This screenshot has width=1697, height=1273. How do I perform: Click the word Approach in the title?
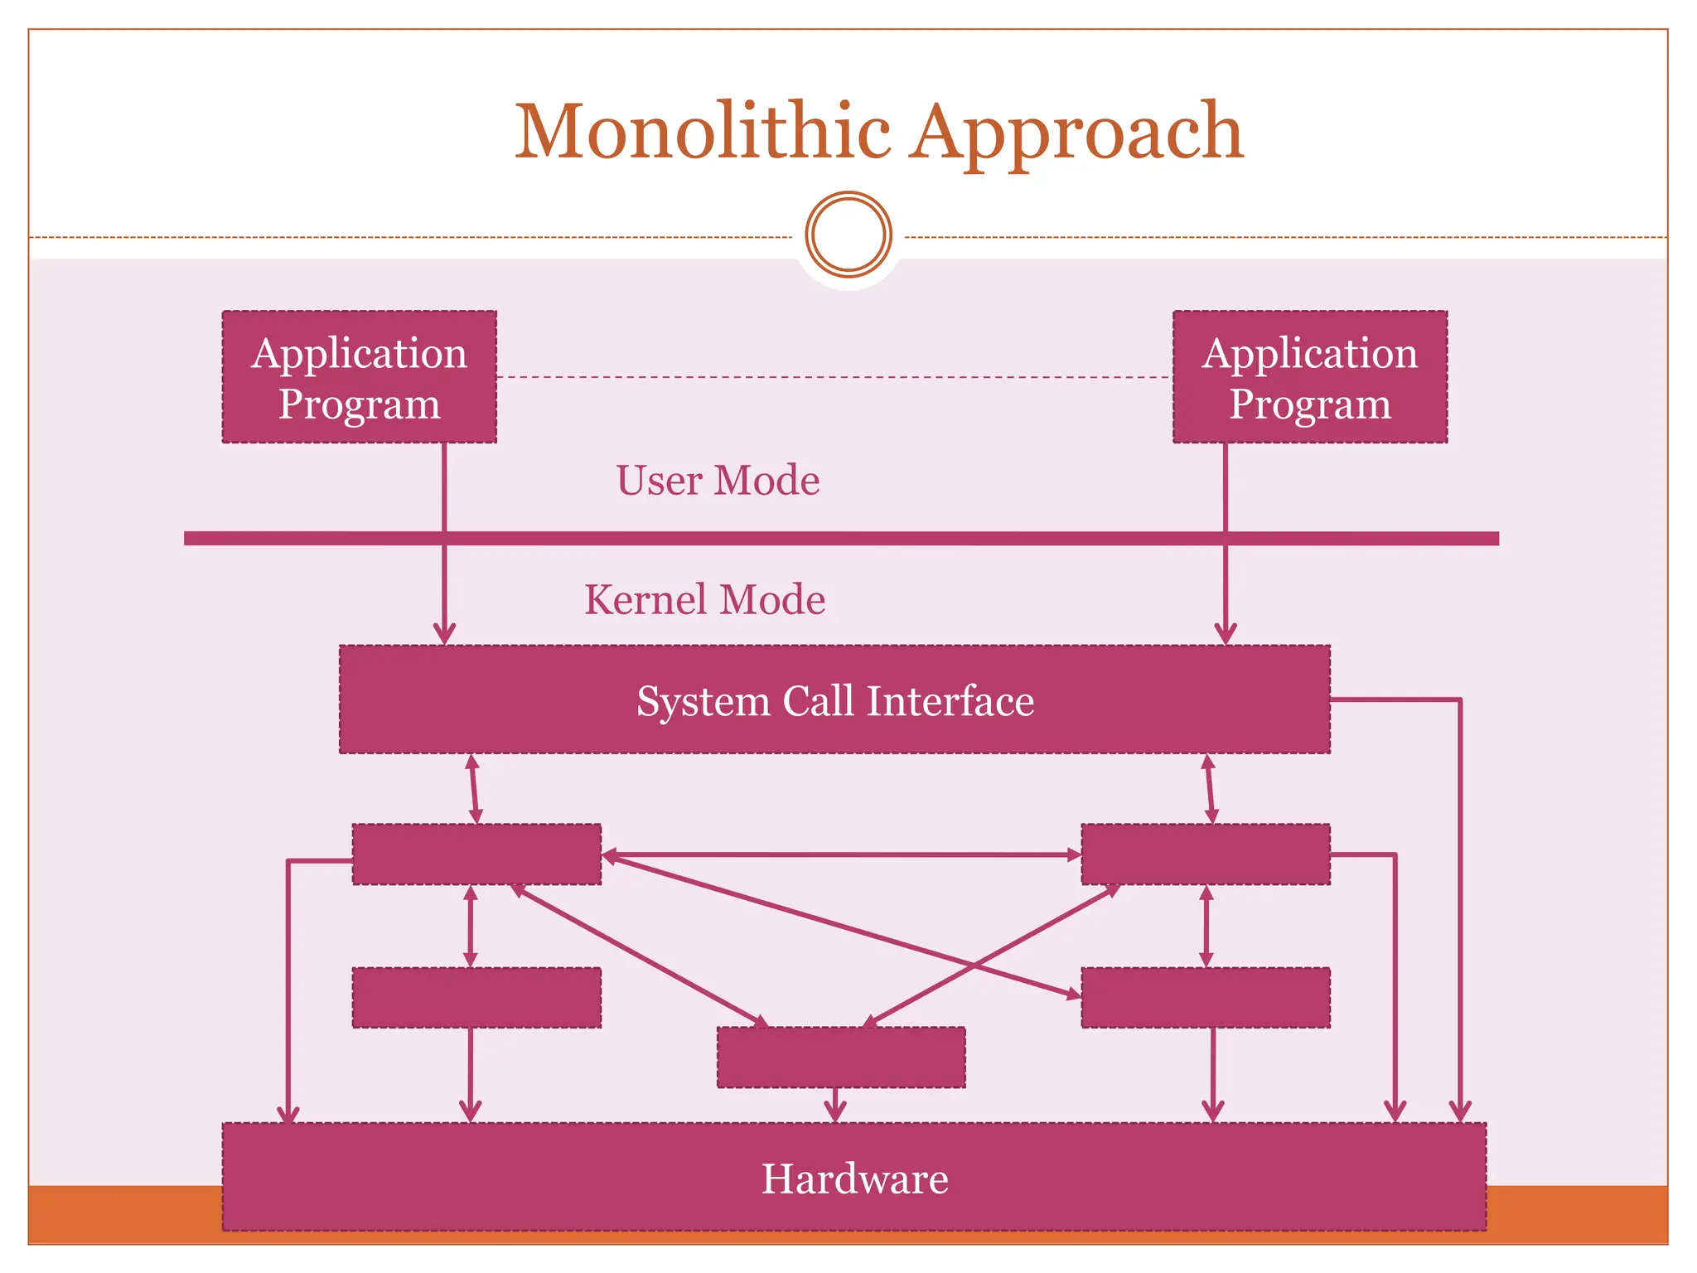pos(1077,133)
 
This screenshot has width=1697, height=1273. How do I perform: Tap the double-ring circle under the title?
pos(848,235)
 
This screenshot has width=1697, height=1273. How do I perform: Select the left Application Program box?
pos(360,377)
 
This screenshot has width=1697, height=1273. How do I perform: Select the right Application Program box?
pos(1310,377)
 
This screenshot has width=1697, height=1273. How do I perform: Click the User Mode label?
pos(718,481)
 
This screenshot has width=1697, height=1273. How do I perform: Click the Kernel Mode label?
pos(704,600)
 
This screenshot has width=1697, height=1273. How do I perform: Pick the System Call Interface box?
pos(834,700)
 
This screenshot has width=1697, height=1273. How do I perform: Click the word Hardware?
pos(854,1179)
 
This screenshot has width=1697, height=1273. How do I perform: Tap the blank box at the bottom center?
pos(841,1058)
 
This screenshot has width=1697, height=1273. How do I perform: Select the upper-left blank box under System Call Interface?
pos(476,854)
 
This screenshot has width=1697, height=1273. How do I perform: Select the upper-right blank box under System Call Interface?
pos(1206,854)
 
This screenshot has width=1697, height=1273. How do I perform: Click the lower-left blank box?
pos(476,998)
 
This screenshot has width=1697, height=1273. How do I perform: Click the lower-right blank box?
pos(1206,998)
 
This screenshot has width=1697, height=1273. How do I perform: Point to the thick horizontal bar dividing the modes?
pos(841,539)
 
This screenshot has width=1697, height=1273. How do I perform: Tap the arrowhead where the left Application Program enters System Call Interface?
pos(445,634)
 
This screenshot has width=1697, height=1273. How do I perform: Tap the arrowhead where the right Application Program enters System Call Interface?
pos(1226,634)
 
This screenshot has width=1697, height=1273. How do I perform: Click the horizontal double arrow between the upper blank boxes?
pos(841,854)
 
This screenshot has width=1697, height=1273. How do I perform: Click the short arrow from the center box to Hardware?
pos(835,1106)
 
